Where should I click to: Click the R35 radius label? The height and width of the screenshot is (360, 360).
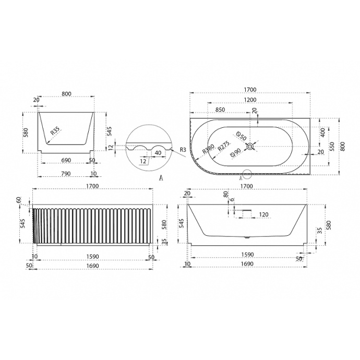(55, 130)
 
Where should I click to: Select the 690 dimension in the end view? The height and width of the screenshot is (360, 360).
(66, 160)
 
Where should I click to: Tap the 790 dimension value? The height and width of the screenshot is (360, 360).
(66, 174)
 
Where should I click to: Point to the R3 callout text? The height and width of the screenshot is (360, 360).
(183, 150)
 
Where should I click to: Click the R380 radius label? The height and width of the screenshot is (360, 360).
(208, 149)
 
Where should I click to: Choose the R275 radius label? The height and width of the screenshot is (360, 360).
(224, 146)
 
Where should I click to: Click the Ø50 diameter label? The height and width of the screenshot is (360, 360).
(241, 136)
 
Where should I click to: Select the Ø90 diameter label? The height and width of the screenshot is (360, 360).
(235, 153)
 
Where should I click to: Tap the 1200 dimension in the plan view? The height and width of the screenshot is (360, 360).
(250, 100)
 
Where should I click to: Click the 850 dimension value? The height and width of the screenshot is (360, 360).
(220, 110)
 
